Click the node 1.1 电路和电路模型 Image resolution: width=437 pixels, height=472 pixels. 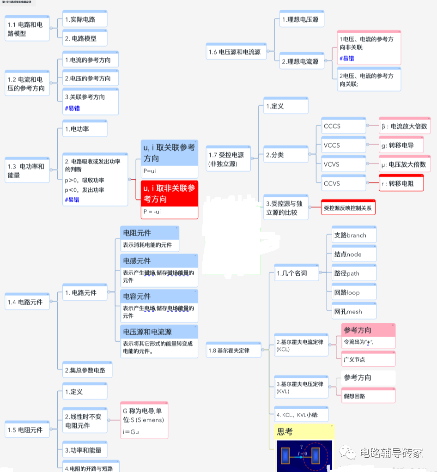coord(27,29)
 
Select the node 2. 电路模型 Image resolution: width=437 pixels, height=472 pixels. coord(85,38)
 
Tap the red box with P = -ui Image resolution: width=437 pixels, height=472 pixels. coord(170,212)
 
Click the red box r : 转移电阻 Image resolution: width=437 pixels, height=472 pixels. coord(401,183)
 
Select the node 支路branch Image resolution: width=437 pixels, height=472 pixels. coord(354,235)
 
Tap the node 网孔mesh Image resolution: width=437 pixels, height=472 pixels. coord(354,312)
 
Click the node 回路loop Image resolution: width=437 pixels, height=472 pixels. coord(354,292)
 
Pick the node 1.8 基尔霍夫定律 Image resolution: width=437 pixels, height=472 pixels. coord(233,350)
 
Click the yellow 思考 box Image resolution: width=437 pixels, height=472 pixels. coord(304,432)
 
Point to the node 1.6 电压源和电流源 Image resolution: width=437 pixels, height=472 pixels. coord(234,52)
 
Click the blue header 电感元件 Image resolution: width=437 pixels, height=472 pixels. coord(158,261)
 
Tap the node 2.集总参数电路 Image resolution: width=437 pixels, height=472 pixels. coord(87,370)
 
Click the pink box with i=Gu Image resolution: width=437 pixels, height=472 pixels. coord(144,432)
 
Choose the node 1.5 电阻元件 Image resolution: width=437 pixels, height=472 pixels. coord(27,430)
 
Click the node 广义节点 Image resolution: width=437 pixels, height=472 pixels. coord(368,359)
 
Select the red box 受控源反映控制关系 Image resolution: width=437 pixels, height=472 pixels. coord(348,208)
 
